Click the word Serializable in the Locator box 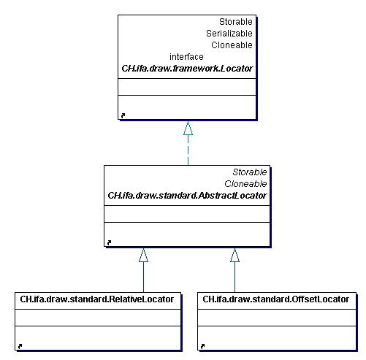pos(229,34)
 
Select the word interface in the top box pos(186,57)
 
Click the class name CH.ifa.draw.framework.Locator pos(187,69)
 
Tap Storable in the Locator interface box pos(236,22)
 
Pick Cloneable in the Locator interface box pos(232,45)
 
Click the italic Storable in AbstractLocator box pos(250,172)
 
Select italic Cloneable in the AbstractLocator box pos(245,184)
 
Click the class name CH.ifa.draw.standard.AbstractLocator pos(187,196)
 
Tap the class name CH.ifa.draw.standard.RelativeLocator pos(97,299)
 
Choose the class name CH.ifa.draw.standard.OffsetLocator pos(276,299)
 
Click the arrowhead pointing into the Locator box pos(188,128)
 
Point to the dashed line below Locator pos(188,150)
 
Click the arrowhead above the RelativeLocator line pos(143,255)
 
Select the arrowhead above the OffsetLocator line pos(235,255)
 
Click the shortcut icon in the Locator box pos(123,115)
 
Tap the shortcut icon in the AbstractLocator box pos(109,242)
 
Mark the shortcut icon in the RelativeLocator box pos(20,346)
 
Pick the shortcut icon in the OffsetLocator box pos(202,346)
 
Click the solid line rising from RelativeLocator pos(143,277)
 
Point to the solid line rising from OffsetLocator pos(235,277)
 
